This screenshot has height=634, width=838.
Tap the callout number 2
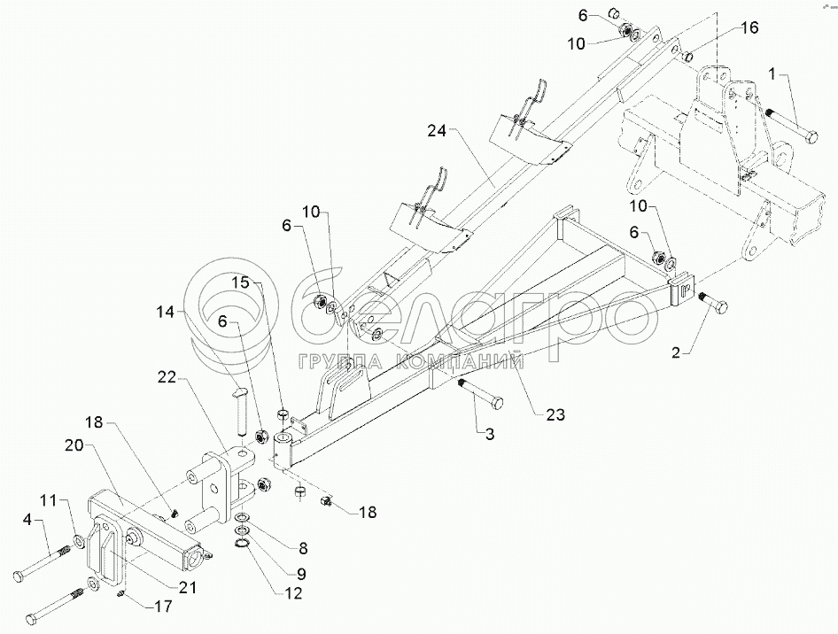tap(677, 353)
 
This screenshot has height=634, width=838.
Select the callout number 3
tap(490, 434)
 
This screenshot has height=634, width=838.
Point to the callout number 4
tap(27, 518)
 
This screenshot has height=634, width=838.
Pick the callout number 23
tap(555, 414)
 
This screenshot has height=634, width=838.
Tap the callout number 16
tap(750, 27)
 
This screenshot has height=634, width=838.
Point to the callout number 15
tap(241, 282)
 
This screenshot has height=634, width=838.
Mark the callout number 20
tap(74, 445)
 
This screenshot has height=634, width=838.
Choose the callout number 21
tap(186, 588)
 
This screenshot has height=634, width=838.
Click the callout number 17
tap(164, 607)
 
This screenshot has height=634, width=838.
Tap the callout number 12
tap(293, 593)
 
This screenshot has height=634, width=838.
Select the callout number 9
tap(301, 574)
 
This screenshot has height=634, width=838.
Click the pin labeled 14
tap(240, 410)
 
